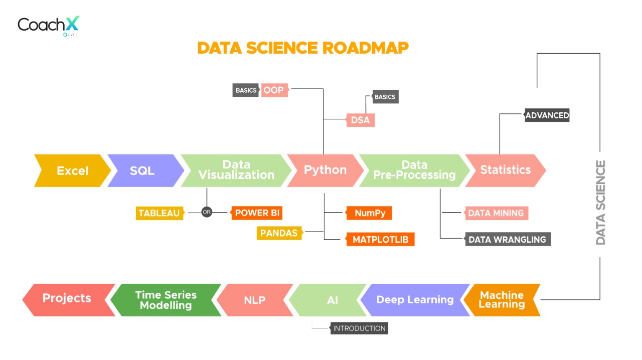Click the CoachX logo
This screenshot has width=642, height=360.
(48, 26)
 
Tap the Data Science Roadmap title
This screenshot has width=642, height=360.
(303, 48)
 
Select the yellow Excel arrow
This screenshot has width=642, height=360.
(72, 170)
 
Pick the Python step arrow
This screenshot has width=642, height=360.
(325, 170)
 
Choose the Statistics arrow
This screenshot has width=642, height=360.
(505, 170)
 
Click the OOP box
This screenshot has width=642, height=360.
(274, 90)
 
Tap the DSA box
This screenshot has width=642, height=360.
(360, 120)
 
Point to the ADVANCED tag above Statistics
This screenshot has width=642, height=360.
(547, 115)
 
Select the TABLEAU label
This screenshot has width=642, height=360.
(159, 213)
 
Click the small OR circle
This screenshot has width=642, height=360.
(207, 212)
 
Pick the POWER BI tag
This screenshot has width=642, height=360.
(257, 213)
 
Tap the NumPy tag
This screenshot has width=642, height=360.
(370, 213)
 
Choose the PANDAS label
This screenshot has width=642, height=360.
(279, 233)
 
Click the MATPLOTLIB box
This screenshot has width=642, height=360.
(380, 240)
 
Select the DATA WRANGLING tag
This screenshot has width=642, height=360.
(507, 240)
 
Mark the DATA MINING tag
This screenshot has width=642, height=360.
(496, 213)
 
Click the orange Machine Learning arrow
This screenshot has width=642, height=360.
(502, 300)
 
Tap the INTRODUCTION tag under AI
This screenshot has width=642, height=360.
(359, 328)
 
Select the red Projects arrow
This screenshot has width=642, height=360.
(67, 299)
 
